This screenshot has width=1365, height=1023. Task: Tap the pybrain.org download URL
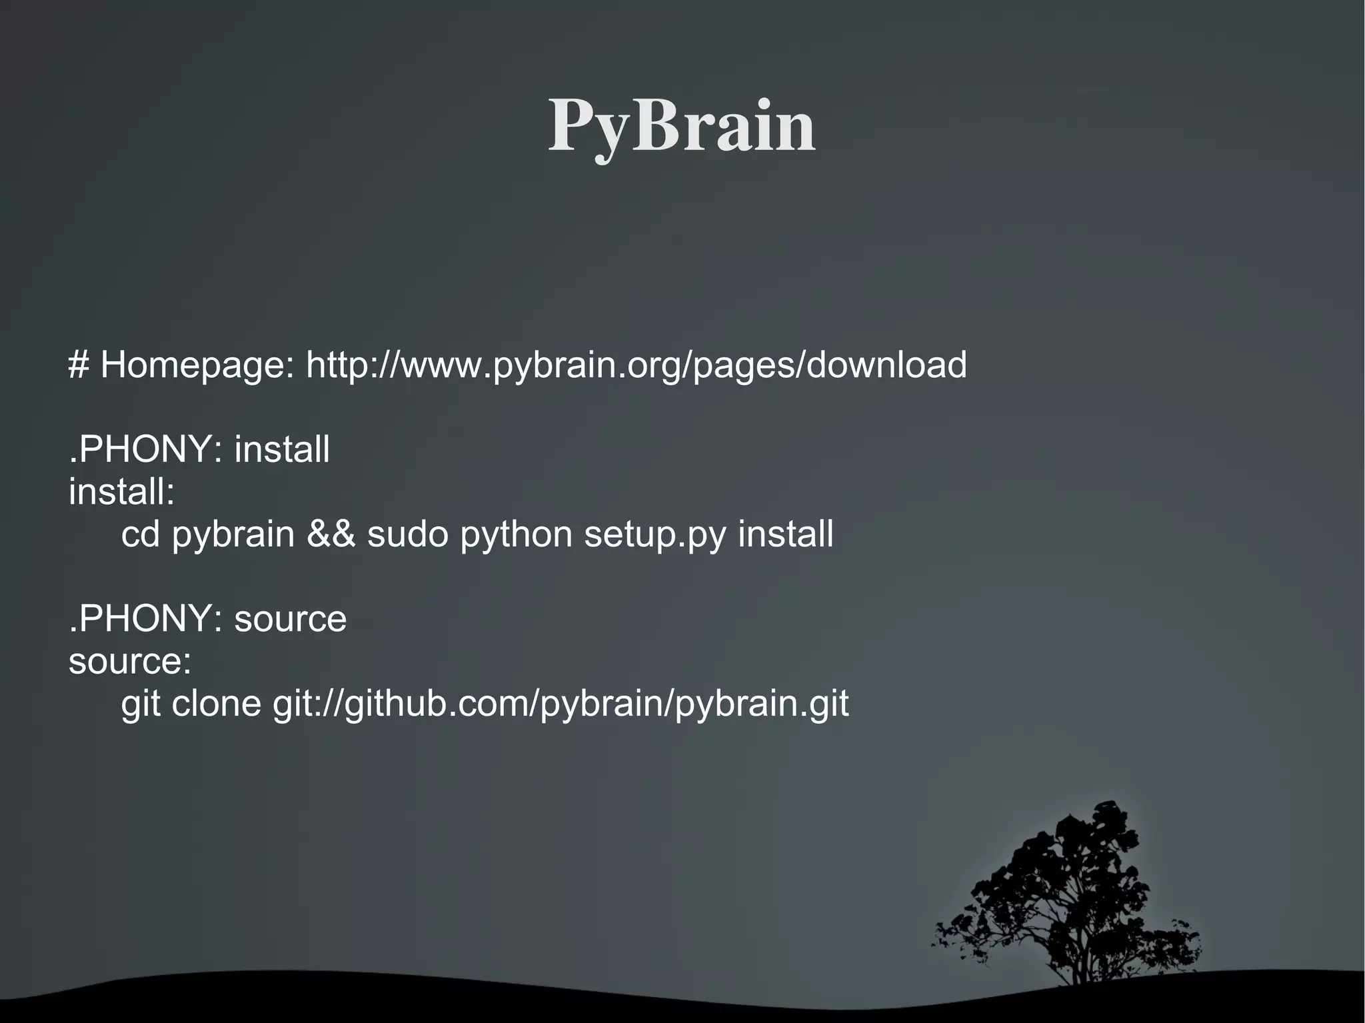pyautogui.click(x=636, y=365)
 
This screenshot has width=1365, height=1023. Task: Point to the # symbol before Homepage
pyautogui.click(x=79, y=365)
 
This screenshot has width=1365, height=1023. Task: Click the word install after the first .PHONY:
pyautogui.click(x=282, y=449)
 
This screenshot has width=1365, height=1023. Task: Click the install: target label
pyautogui.click(x=122, y=492)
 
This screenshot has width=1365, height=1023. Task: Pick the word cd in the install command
pyautogui.click(x=141, y=534)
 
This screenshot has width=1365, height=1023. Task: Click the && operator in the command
pyautogui.click(x=331, y=534)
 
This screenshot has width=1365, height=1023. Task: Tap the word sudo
pyautogui.click(x=408, y=534)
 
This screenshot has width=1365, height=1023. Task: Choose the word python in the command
pyautogui.click(x=516, y=536)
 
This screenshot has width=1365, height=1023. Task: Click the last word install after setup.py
pyautogui.click(x=785, y=534)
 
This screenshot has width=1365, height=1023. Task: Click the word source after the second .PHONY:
pyautogui.click(x=291, y=619)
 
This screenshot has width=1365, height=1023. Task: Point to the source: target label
pyautogui.click(x=130, y=661)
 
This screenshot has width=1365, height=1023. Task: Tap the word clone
pyautogui.click(x=217, y=704)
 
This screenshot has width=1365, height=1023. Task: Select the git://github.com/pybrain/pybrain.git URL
pyautogui.click(x=561, y=705)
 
